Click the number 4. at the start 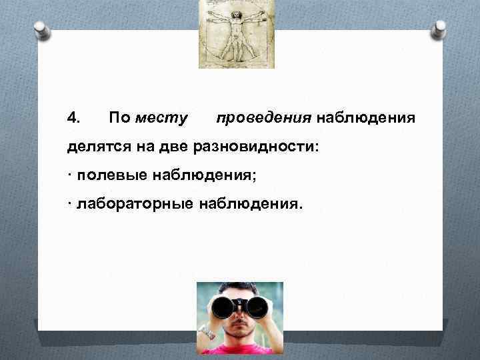74,118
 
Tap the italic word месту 161,119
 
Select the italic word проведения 264,119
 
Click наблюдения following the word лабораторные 250,203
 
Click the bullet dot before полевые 70,175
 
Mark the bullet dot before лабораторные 70,203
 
